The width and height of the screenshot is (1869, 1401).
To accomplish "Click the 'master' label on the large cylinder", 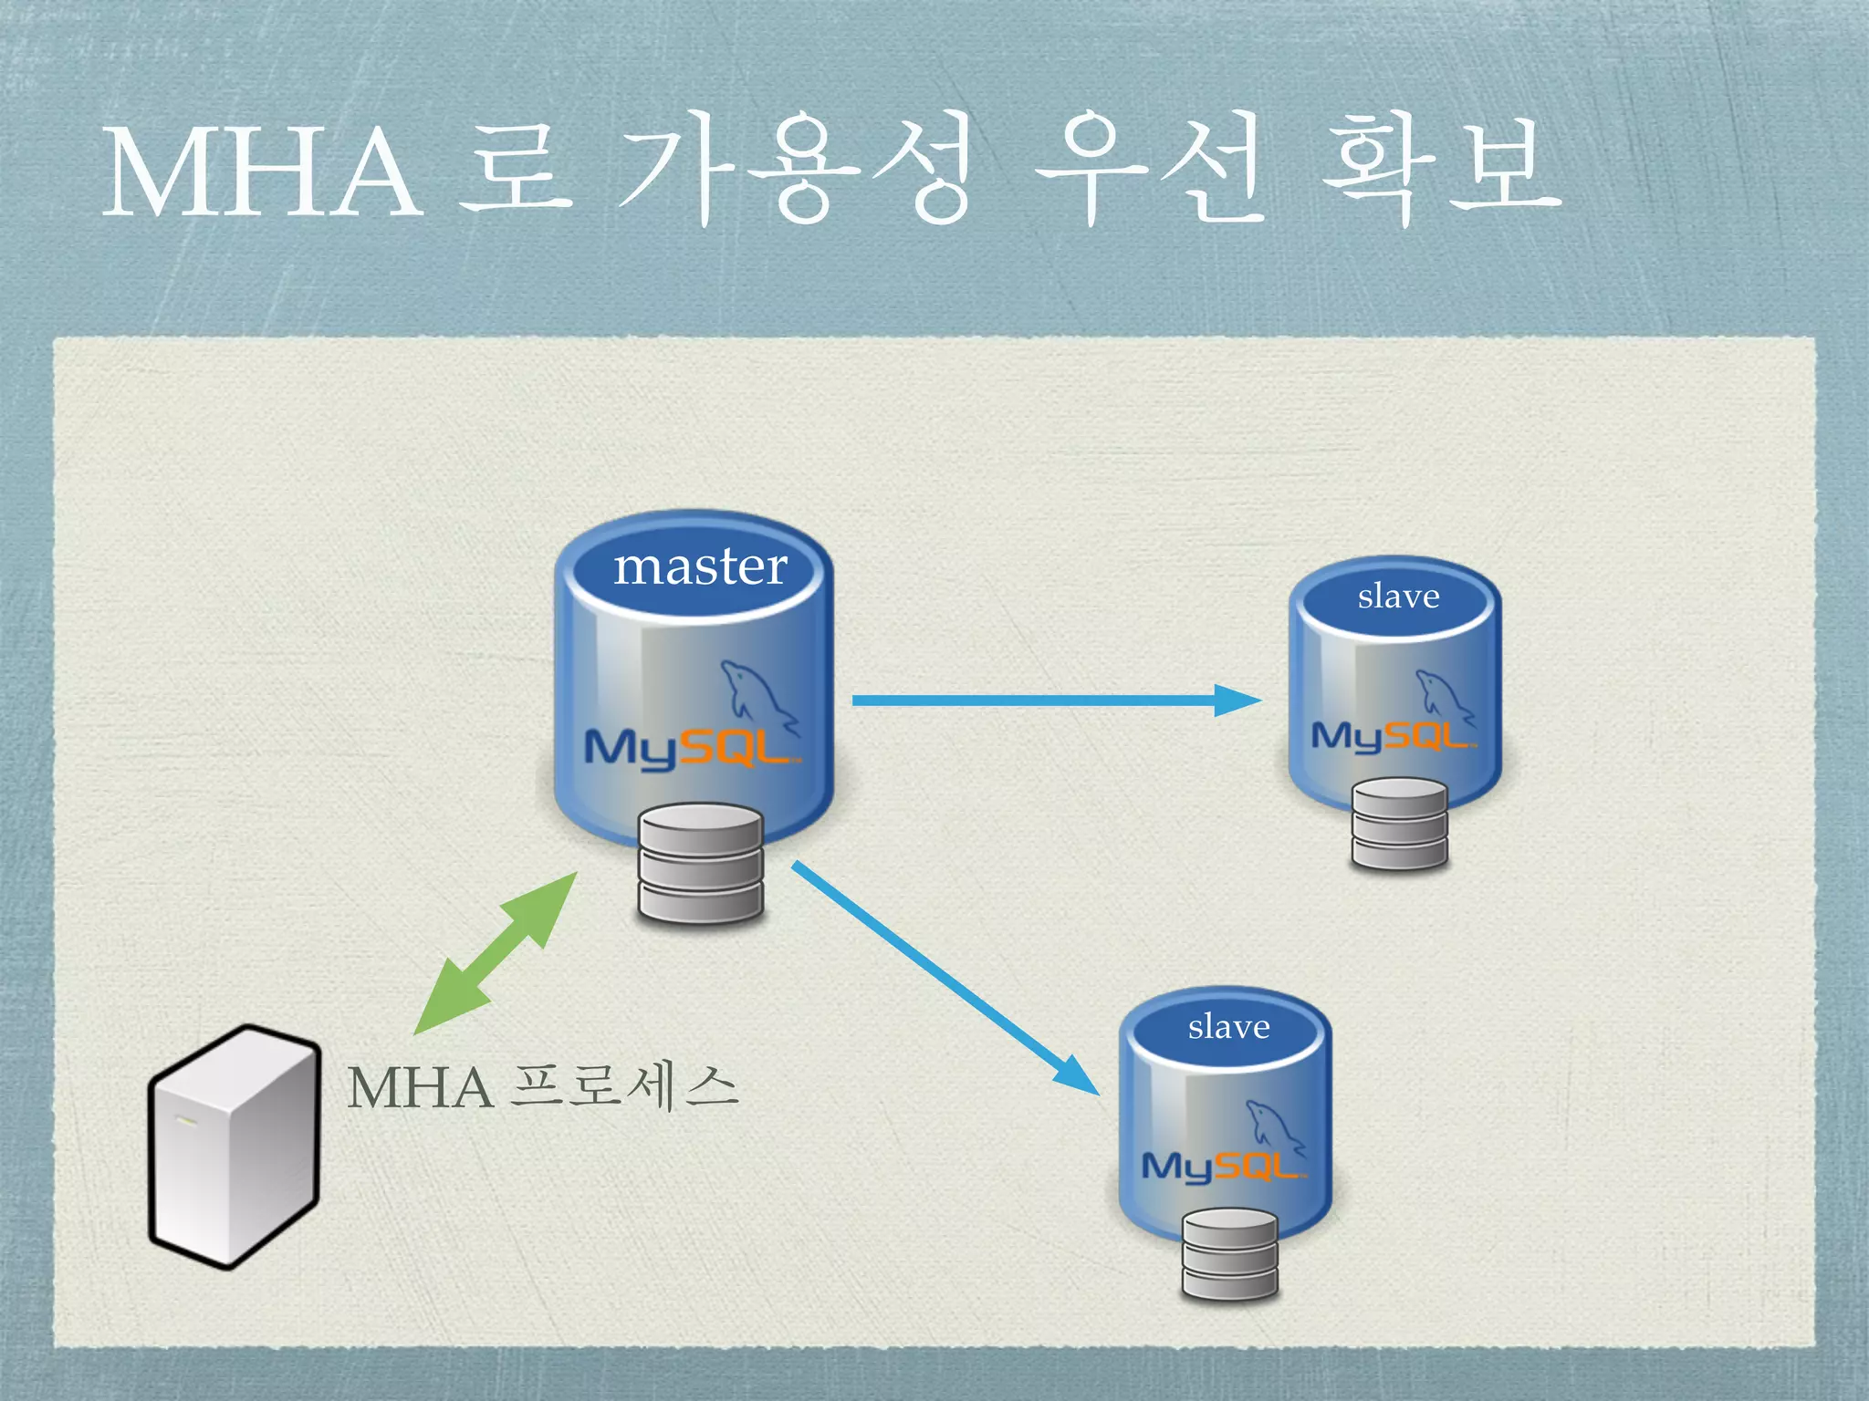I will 700,567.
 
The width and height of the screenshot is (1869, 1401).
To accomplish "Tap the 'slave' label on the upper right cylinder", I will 1398,597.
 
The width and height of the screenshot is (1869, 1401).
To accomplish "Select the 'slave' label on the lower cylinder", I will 1228,1027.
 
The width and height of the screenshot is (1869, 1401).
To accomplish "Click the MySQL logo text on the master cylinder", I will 689,748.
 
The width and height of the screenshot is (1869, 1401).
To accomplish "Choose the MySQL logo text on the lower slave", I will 1222,1166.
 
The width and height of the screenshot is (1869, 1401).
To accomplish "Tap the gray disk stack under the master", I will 701,863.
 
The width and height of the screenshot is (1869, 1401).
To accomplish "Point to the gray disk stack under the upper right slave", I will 1399,824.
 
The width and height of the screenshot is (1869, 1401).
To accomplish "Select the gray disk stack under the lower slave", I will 1229,1253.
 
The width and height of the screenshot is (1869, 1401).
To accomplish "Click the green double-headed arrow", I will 496,953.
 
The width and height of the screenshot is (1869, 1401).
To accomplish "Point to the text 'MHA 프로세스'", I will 542,1087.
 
